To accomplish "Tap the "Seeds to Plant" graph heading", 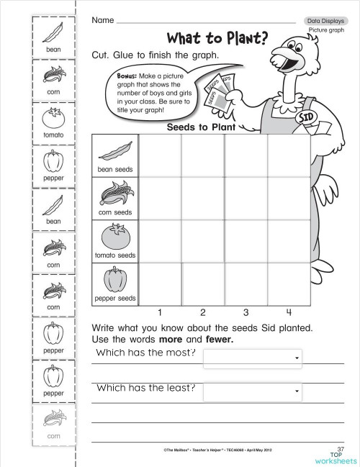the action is (202, 127).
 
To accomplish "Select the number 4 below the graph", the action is (288, 312).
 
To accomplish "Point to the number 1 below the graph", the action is (159, 312).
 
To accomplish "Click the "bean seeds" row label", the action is (115, 170).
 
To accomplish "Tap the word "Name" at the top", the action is (103, 20).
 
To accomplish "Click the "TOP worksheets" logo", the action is (336, 458).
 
